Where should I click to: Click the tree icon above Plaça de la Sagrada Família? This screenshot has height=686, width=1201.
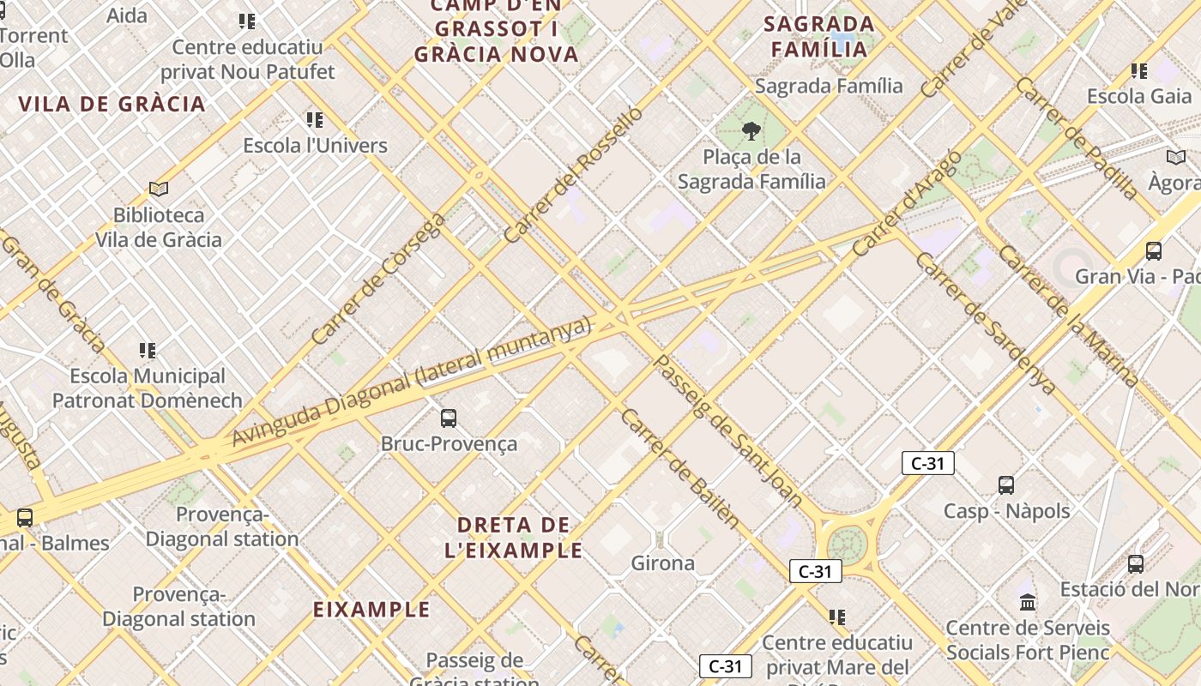point(751,131)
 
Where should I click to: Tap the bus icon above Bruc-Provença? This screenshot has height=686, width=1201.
point(449,418)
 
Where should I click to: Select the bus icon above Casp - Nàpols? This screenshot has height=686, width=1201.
point(1006,485)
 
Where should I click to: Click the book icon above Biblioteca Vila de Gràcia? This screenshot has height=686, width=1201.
point(158,189)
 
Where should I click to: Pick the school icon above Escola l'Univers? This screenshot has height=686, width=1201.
point(315,120)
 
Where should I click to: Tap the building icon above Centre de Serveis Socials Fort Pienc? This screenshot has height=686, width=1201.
point(1028,602)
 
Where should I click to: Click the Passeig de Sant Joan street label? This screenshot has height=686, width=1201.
point(727,429)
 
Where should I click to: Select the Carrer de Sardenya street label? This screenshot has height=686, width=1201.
point(986,323)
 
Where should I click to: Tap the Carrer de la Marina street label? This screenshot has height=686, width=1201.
point(1068,316)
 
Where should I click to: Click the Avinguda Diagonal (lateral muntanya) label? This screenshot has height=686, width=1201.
point(412,382)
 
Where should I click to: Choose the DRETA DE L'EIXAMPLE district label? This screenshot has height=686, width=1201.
point(514,538)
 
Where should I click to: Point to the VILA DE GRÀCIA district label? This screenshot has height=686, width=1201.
point(112,105)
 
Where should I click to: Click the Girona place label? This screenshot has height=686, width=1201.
point(662,563)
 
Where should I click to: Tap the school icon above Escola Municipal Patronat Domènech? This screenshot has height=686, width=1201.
point(148,350)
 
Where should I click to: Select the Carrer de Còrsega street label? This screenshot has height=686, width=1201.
point(378,280)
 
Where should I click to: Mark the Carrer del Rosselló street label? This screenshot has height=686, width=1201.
point(572,175)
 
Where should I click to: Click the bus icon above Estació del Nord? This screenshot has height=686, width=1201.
point(1136,564)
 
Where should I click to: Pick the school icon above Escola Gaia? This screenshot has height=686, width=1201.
point(1139,71)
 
